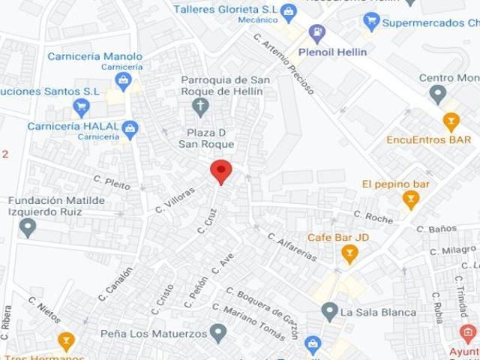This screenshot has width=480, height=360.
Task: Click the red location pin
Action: pos(220,171)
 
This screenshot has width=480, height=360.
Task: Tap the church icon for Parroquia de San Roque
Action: pos(200,107)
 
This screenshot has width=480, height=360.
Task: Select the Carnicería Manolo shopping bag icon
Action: pos(124,79)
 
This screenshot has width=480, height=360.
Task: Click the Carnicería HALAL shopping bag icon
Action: pos(130,129)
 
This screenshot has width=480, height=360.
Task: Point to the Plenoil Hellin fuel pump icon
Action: pos(317,34)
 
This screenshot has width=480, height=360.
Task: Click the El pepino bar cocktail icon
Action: pos(410,199)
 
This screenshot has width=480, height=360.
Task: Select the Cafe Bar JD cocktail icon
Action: pos(349,254)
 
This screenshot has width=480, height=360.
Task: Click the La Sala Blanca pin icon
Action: pos(328,311)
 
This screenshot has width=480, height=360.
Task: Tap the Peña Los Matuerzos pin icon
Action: pos(218,331)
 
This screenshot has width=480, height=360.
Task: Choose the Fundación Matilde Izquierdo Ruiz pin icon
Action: pos(28,226)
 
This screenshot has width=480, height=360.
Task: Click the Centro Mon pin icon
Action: pos(438,94)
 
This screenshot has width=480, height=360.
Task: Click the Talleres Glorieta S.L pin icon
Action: pos(289,10)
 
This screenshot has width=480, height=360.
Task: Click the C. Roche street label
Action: pos(373,217)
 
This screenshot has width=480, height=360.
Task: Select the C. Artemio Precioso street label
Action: pos(283,64)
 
